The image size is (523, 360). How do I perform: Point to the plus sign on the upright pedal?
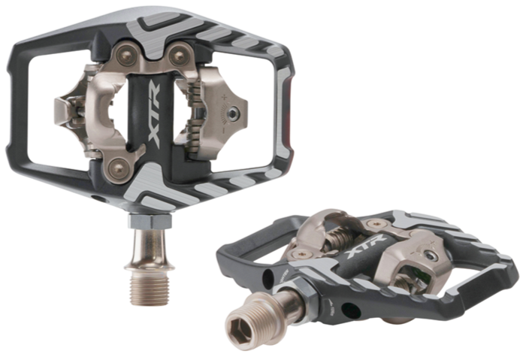225,97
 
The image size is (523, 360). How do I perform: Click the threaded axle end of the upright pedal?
150,283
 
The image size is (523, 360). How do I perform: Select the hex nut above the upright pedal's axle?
150,221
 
